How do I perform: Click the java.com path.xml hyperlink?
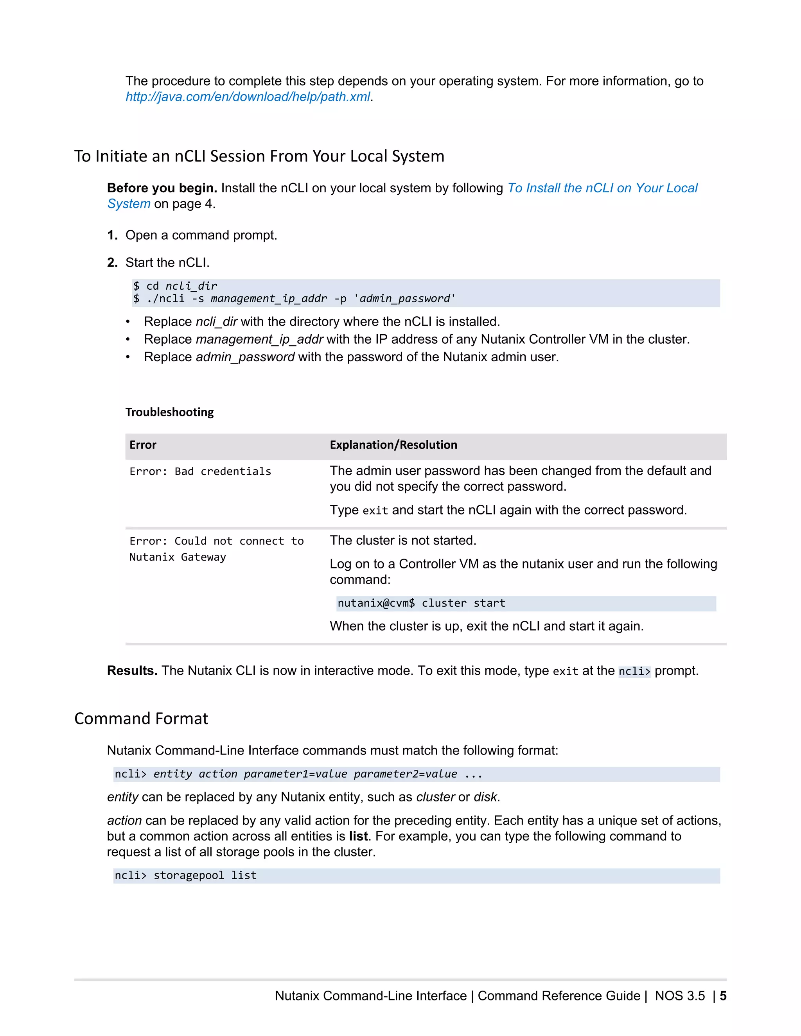tap(247, 97)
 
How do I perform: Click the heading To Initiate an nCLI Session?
tap(259, 156)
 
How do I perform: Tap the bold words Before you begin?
tap(162, 188)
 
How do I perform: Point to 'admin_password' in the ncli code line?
tap(405, 299)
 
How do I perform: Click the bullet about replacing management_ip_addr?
tap(416, 340)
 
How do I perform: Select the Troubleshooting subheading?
tap(169, 412)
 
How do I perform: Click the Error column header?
tap(143, 445)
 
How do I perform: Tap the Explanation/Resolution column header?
tap(393, 445)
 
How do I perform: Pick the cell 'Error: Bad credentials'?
tap(200, 471)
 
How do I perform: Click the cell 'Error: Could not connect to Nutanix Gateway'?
tap(216, 549)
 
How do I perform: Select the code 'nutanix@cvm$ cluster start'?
tap(421, 603)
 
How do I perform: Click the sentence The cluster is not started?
tap(403, 541)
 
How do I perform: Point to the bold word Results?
tap(132, 671)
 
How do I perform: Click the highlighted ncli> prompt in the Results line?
tap(634, 672)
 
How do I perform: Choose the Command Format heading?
tap(141, 719)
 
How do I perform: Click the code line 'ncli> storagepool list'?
tap(185, 876)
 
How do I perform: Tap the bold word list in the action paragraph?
tap(358, 836)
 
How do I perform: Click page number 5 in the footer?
tap(723, 996)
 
